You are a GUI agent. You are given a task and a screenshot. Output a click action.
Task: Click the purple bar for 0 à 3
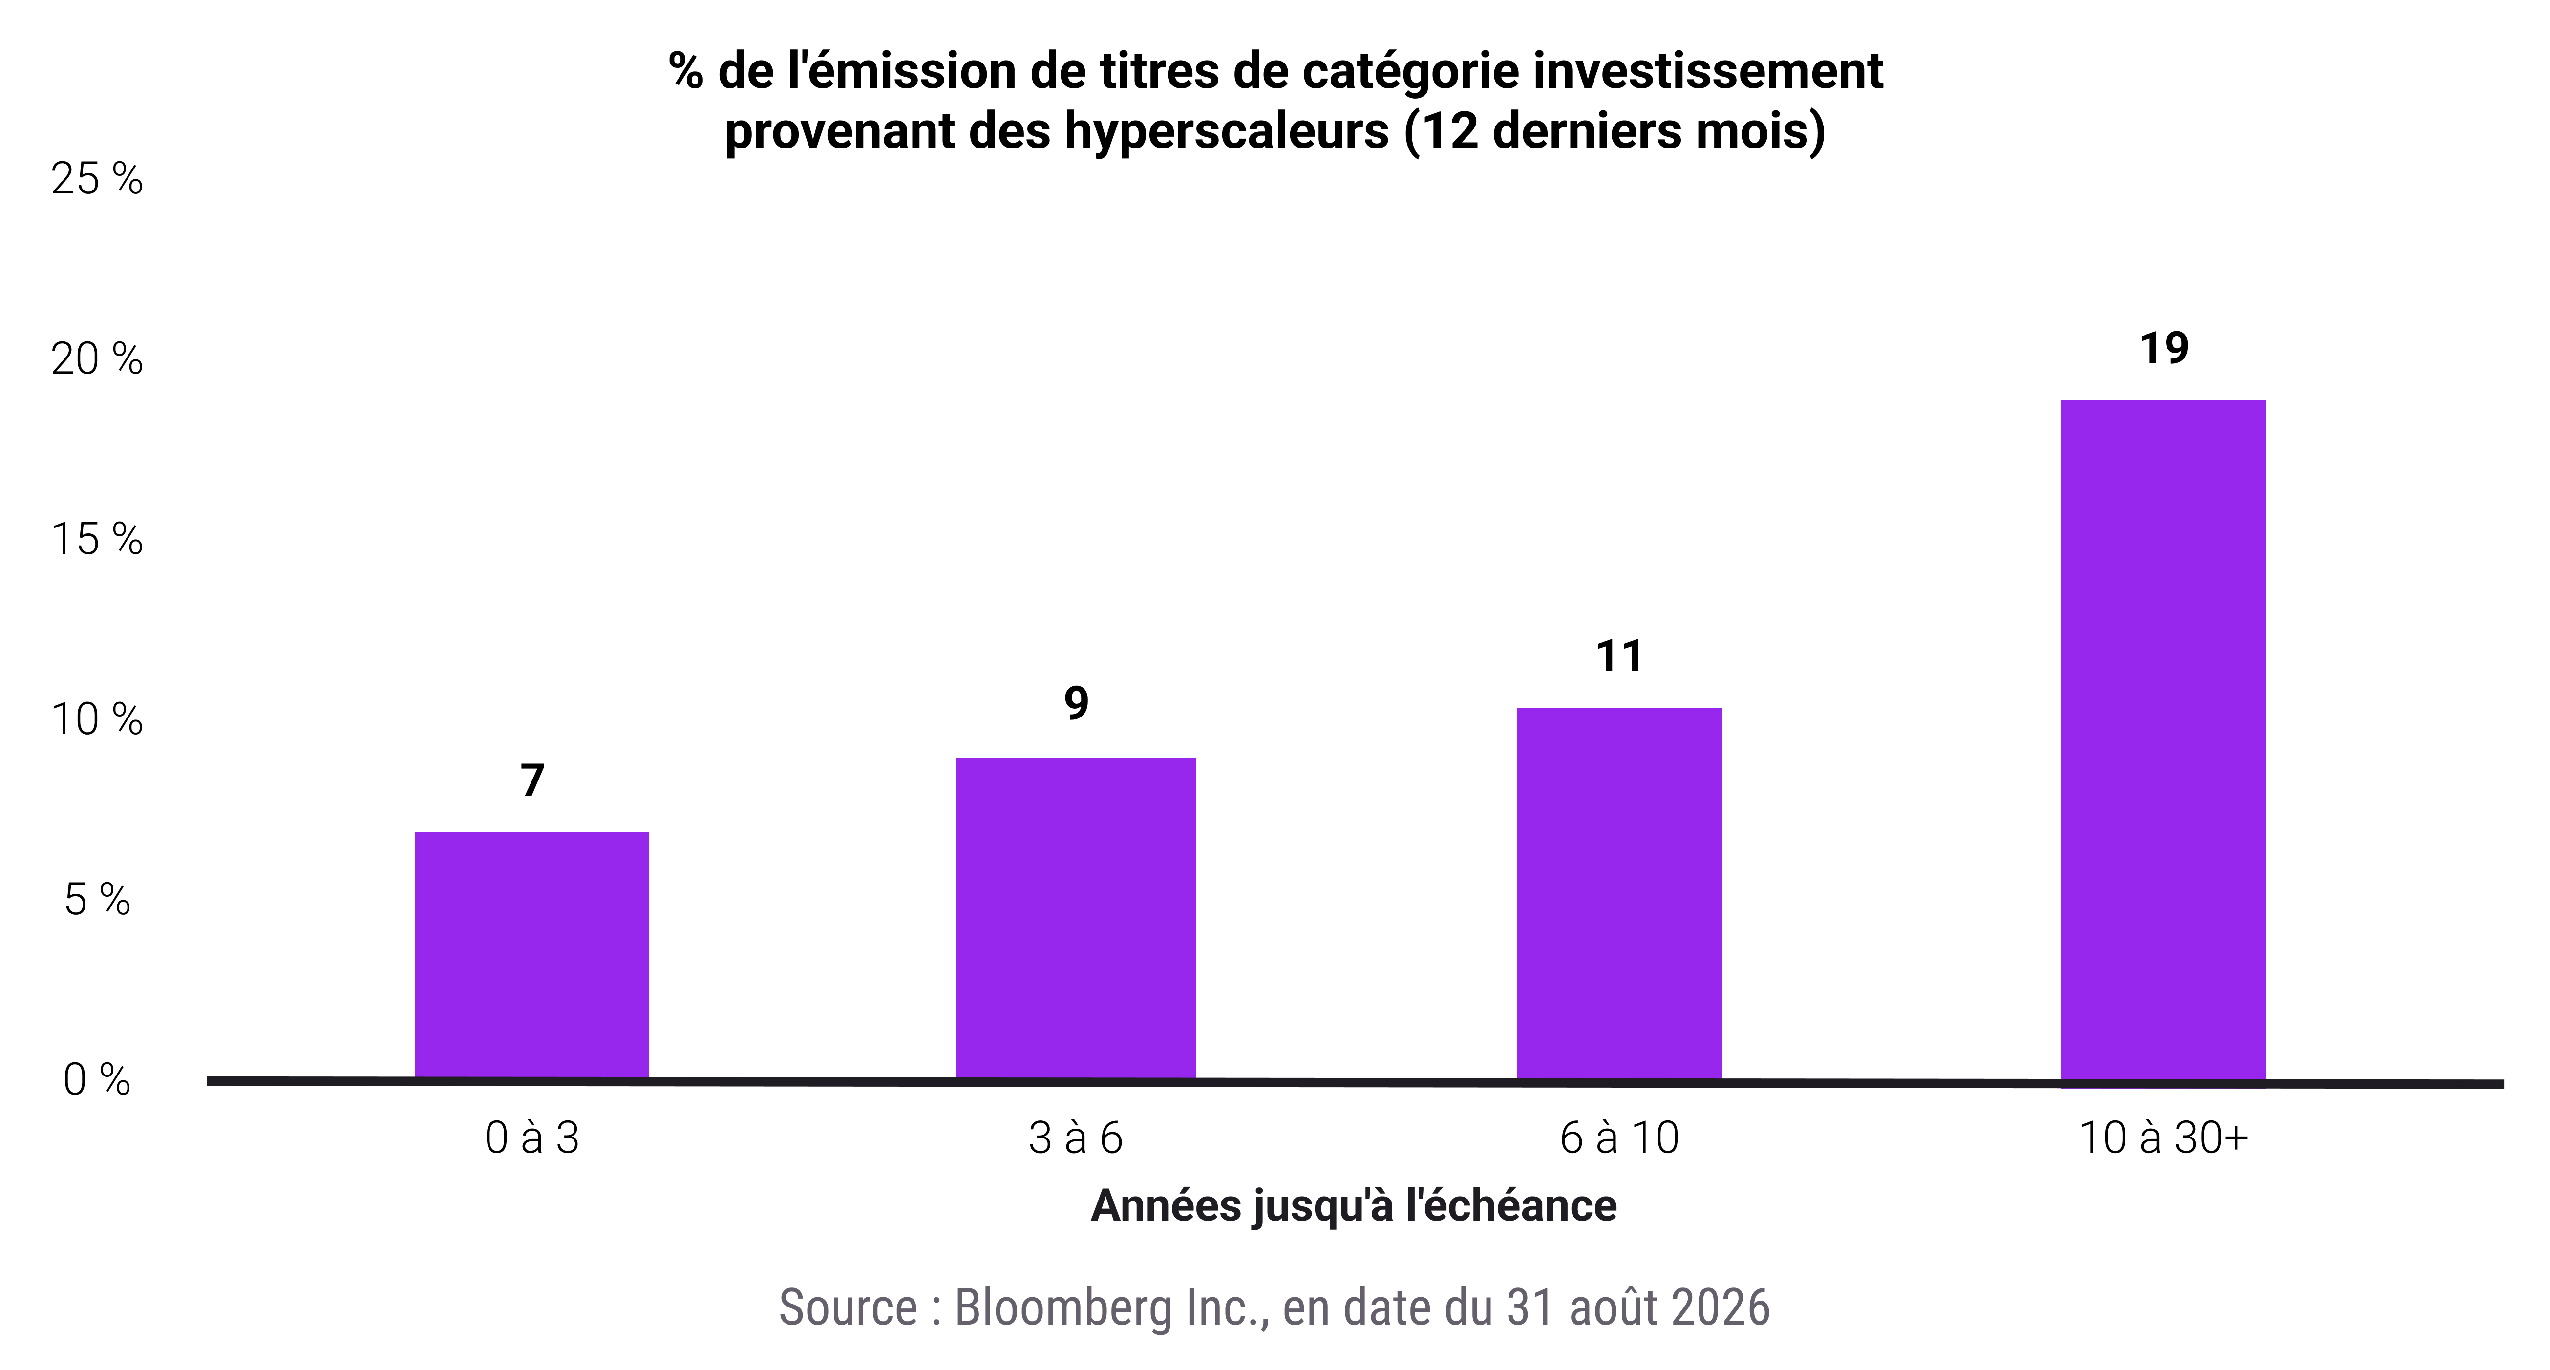(531, 955)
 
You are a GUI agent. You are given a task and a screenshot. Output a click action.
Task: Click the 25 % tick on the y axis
(97, 179)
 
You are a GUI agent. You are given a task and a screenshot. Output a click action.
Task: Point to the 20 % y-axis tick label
(97, 359)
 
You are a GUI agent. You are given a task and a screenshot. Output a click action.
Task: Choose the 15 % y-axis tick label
(97, 540)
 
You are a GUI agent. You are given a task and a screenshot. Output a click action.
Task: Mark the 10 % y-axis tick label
(97, 719)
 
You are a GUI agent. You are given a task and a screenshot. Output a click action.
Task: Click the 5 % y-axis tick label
(97, 900)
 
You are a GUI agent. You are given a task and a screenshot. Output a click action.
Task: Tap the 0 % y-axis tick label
(97, 1080)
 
